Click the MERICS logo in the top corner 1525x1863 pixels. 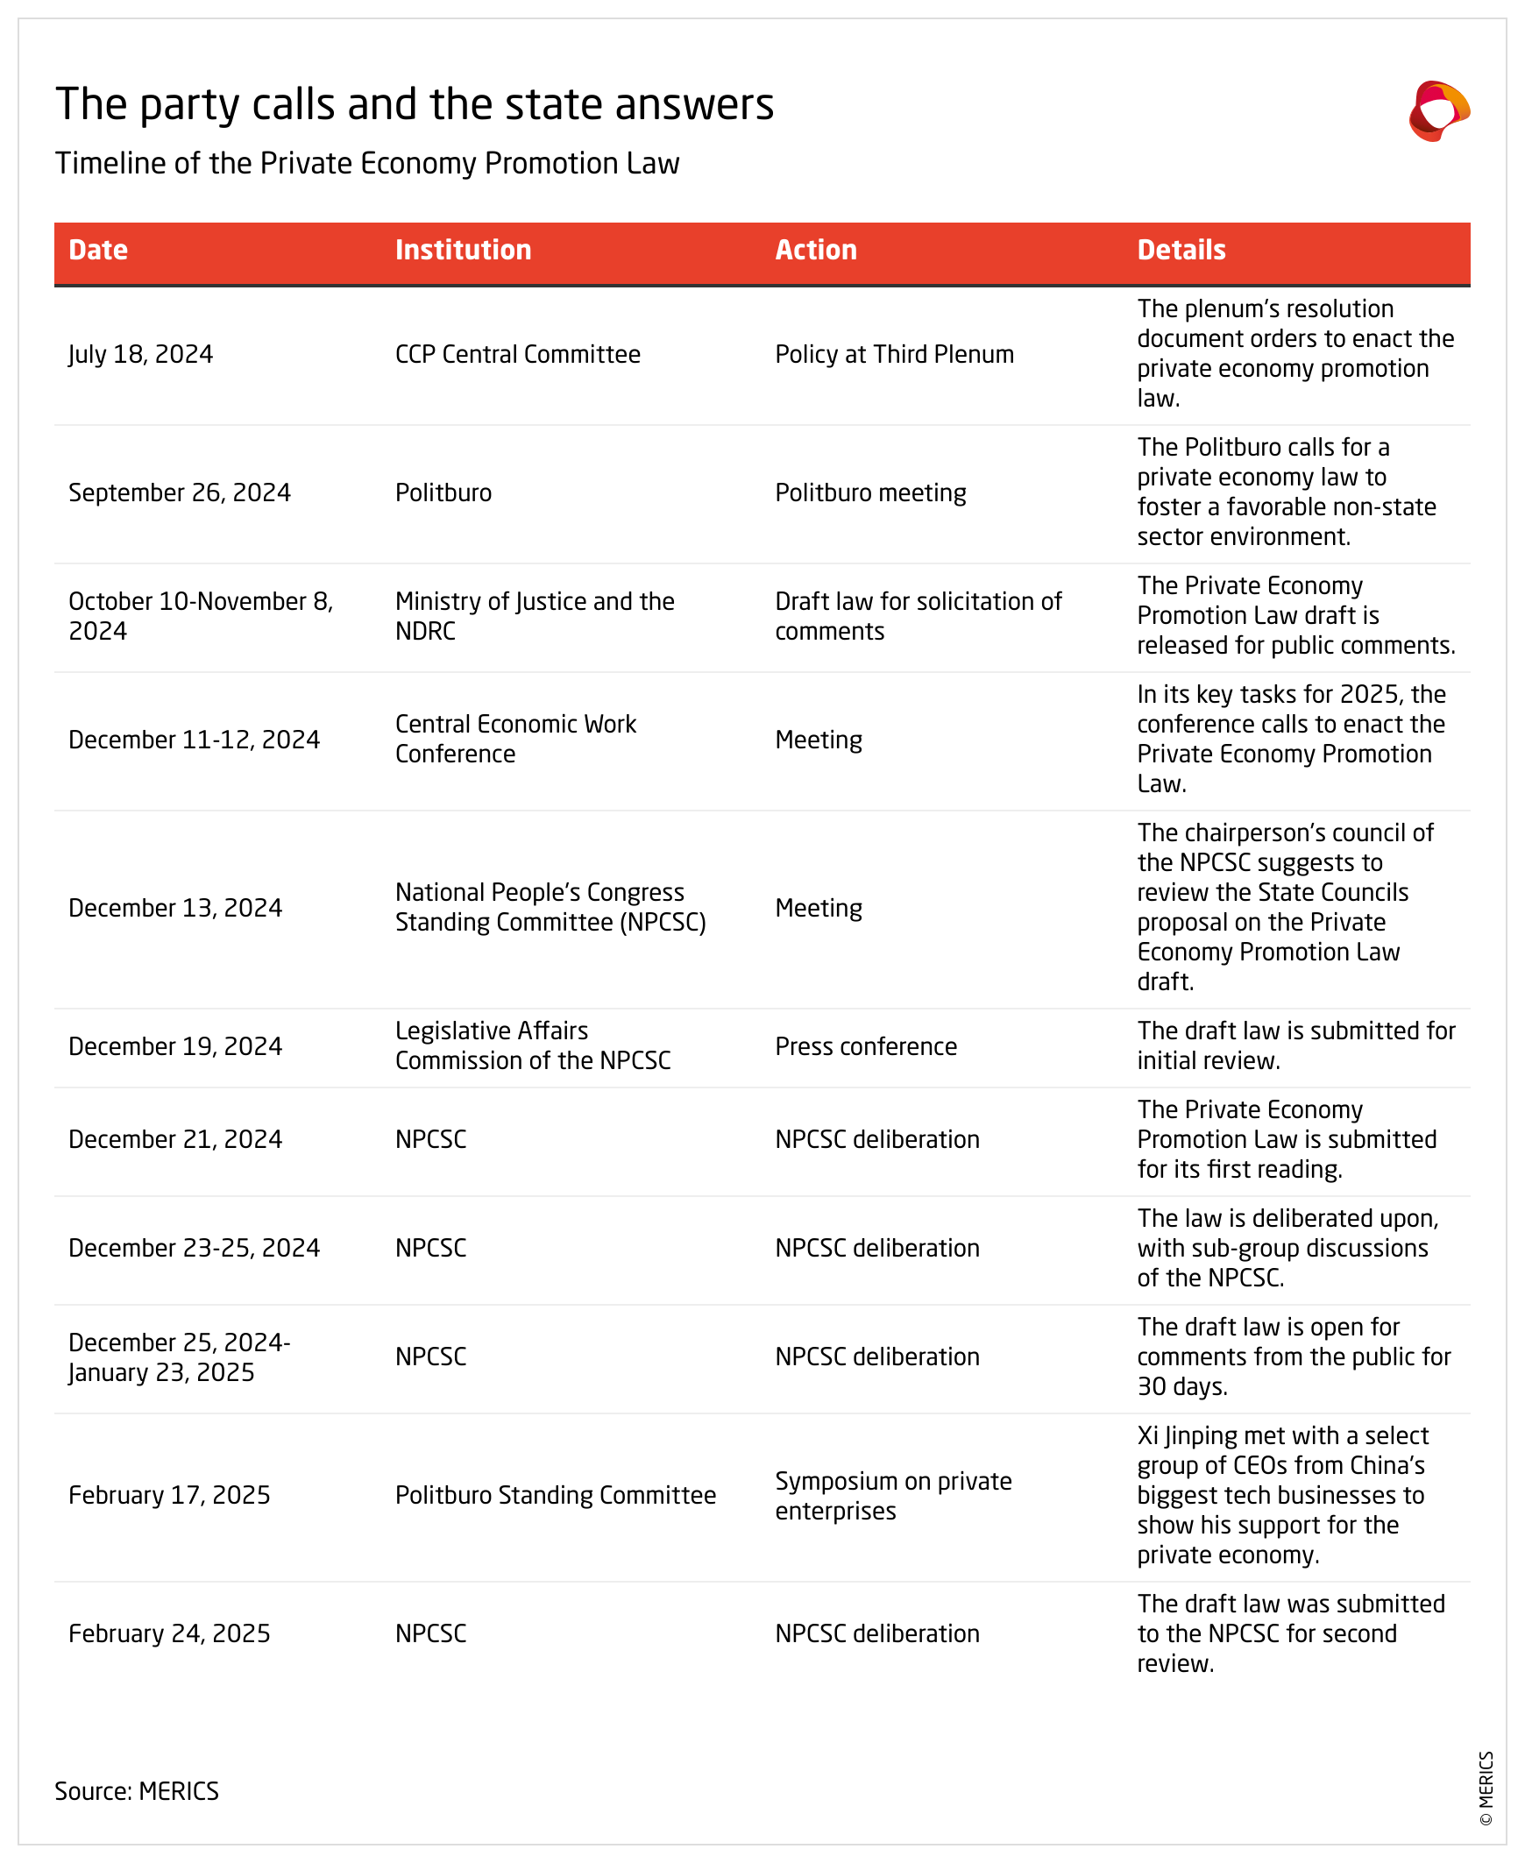coord(1439,110)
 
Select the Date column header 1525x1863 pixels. coord(98,251)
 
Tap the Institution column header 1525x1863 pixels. coord(463,251)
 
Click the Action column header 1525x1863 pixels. coord(815,251)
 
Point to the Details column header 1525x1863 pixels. coord(1181,251)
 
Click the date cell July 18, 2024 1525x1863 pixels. coord(140,354)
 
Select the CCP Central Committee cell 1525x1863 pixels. coord(517,354)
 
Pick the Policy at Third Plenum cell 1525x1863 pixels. coord(894,354)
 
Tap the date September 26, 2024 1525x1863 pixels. coord(179,492)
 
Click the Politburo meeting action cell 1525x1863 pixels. coord(870,492)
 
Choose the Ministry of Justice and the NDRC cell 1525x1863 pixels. coord(534,616)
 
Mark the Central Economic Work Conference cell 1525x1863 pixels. coord(515,739)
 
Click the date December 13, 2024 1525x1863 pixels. coord(175,907)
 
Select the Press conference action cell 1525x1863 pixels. coord(866,1046)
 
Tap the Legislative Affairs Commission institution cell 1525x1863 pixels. coord(532,1045)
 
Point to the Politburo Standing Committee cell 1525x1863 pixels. coord(555,1495)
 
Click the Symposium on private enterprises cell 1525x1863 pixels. coord(892,1495)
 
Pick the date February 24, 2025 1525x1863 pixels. coord(169,1633)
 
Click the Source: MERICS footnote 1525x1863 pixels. coord(137,1790)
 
